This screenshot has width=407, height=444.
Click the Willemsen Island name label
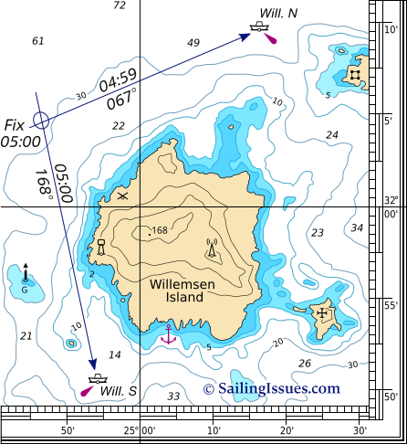click(184, 293)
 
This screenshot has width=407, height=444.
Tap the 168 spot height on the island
click(159, 231)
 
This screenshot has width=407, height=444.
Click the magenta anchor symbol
click(167, 334)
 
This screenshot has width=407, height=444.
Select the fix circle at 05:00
click(39, 120)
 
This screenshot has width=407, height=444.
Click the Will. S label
click(119, 391)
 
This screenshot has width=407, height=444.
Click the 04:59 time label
click(117, 79)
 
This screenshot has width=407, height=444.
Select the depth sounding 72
click(119, 5)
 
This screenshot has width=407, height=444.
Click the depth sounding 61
click(37, 41)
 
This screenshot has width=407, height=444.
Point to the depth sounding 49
click(193, 43)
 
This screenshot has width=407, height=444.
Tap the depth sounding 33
click(173, 396)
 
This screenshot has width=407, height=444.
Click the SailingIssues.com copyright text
click(271, 388)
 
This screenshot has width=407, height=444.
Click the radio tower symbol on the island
click(212, 248)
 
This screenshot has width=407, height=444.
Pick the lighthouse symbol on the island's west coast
click(101, 247)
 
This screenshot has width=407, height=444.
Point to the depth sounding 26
click(304, 363)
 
